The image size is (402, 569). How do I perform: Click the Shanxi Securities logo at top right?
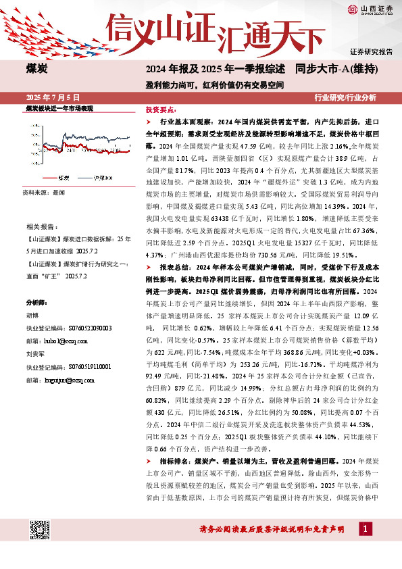pos(371,9)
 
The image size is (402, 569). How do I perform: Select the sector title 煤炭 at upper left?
pos(37,68)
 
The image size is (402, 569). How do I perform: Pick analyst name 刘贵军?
pos(36,353)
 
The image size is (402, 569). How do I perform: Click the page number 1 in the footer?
pos(365,528)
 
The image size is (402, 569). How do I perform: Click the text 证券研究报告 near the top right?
pos(372,51)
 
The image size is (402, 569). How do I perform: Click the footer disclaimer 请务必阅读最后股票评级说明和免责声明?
pos(272,528)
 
